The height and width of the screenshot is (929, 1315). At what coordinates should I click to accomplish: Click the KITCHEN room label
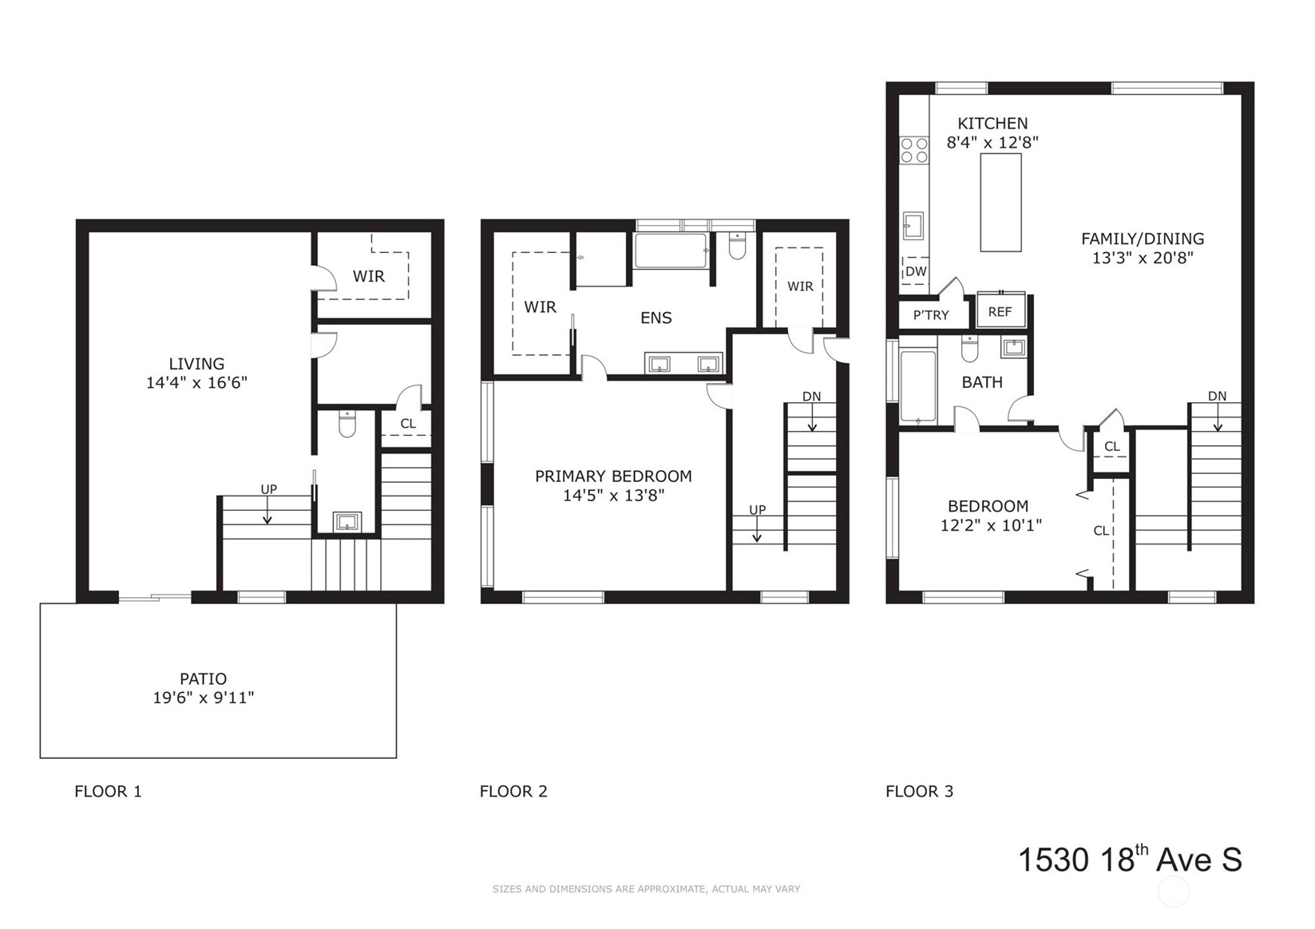coord(992,124)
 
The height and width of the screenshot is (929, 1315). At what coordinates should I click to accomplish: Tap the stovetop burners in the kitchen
coord(914,150)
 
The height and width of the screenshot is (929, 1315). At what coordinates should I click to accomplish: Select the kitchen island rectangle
coord(1001,203)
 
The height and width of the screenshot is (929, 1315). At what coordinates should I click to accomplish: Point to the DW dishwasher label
coord(916,271)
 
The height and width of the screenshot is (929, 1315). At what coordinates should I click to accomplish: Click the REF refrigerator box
coord(1000,310)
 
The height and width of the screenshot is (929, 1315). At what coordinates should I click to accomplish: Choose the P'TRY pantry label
coord(931,315)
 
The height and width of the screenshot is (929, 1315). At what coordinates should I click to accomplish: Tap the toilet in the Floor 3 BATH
coord(969,350)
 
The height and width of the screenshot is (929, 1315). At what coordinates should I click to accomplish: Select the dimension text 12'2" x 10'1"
coord(991,524)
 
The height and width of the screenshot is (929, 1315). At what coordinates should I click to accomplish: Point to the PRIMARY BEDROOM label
coord(613,476)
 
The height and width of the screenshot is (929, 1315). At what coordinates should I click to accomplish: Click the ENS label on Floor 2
coord(656,318)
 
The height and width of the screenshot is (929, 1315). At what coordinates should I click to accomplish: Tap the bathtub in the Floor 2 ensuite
coord(671,251)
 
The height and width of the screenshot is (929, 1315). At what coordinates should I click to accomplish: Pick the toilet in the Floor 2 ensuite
coord(737,246)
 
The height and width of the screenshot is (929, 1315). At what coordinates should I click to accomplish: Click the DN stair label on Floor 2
coord(811,397)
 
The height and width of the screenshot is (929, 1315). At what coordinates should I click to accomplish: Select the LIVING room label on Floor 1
coord(196,364)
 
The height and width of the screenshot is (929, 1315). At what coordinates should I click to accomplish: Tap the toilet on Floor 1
coord(347,424)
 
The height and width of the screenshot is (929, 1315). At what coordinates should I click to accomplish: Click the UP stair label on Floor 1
coord(269,489)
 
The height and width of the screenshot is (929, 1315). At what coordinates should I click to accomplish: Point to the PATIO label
coord(203,679)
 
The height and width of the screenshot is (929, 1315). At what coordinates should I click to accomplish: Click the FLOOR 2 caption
coord(513,792)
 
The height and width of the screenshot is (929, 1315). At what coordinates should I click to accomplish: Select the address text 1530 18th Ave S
coord(1130,859)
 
